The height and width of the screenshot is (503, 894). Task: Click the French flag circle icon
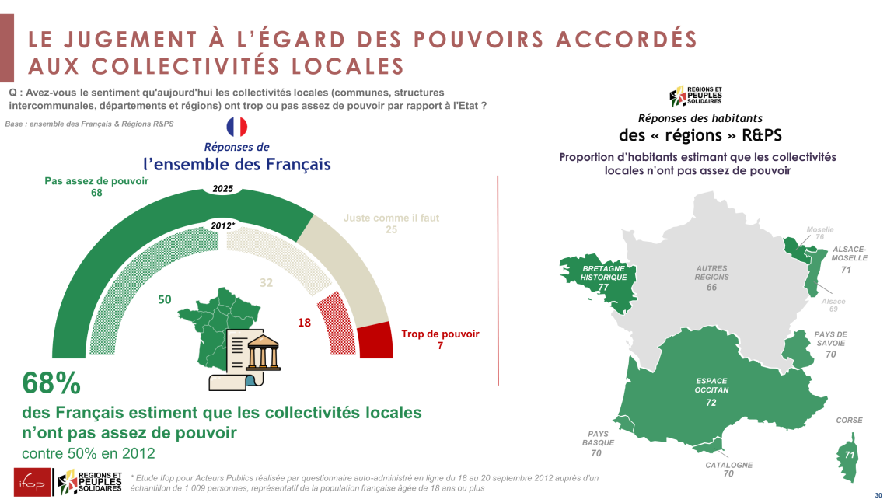[x=236, y=127]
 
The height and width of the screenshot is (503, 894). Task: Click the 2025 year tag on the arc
[x=222, y=188]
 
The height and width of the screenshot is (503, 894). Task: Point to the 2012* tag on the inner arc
[x=222, y=225]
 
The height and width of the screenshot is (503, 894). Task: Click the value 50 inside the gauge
[x=165, y=299]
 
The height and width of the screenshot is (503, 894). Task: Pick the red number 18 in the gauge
[x=305, y=322]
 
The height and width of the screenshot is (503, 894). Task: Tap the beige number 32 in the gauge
[x=266, y=283]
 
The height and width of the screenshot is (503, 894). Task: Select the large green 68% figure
[x=51, y=383]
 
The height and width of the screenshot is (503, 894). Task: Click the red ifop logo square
[x=31, y=483]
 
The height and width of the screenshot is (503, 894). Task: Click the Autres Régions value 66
[x=711, y=288]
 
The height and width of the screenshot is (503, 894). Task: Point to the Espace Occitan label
[x=711, y=386]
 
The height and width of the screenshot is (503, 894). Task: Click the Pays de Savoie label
[x=830, y=339]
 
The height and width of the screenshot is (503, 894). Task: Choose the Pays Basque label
[x=598, y=438]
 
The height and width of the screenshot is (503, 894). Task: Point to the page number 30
[x=878, y=495]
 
